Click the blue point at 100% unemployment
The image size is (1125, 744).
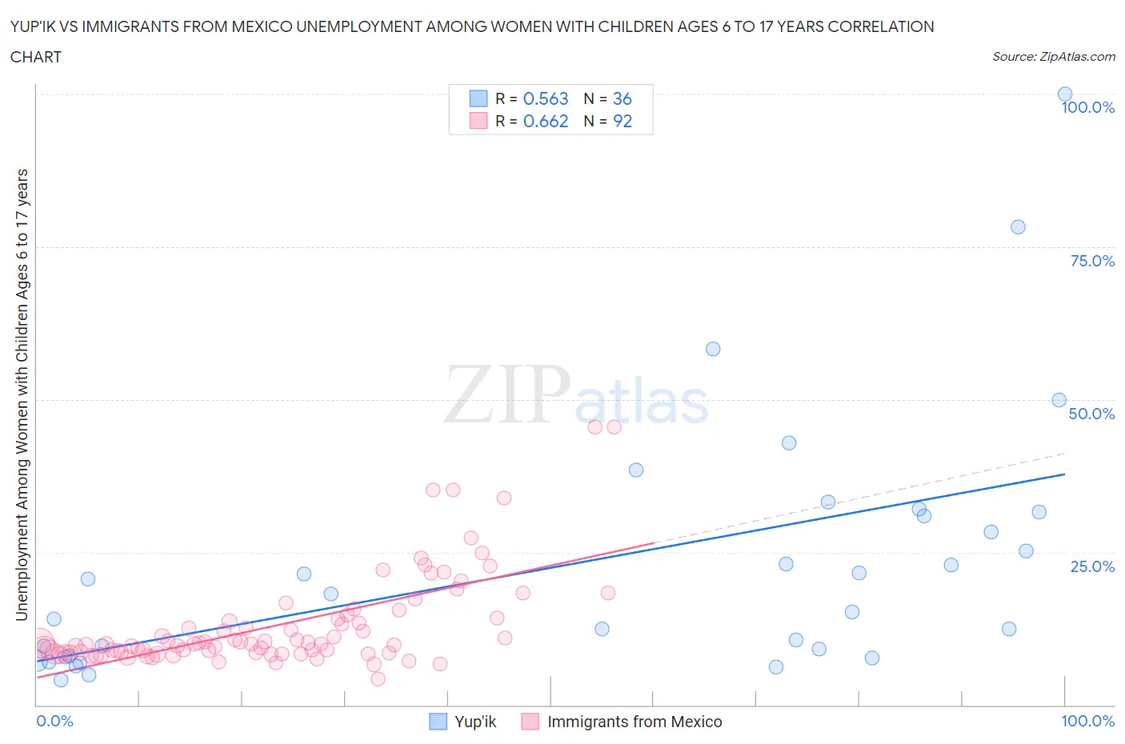tap(1065, 94)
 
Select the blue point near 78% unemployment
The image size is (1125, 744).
tap(1018, 227)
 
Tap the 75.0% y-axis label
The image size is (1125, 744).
tap(1092, 261)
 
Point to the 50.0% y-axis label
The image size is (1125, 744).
tap(1092, 414)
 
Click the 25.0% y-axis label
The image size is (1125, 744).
tap(1092, 566)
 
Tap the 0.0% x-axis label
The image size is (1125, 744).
tap(54, 721)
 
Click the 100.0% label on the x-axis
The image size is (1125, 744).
tap(1087, 721)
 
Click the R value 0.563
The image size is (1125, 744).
tap(546, 98)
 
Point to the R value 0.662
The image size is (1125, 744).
tap(546, 121)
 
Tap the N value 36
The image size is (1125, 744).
tap(622, 98)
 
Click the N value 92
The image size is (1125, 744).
tap(622, 121)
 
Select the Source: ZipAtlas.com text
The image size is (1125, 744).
tap(1053, 56)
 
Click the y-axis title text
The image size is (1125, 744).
tap(22, 395)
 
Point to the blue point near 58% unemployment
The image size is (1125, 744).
tap(713, 349)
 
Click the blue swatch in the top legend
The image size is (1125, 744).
tap(478, 98)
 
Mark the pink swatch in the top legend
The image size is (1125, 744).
tap(478, 121)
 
